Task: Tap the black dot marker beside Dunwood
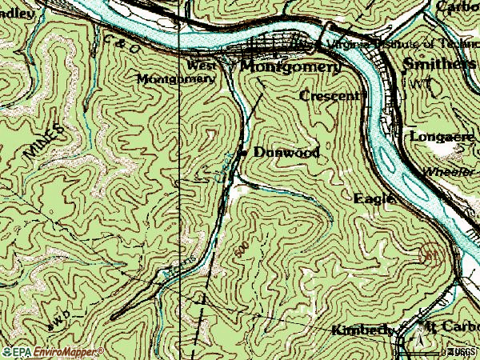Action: (243, 153)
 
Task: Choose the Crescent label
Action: (330, 96)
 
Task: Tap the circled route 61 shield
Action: (430, 254)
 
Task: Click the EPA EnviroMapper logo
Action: (53, 351)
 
